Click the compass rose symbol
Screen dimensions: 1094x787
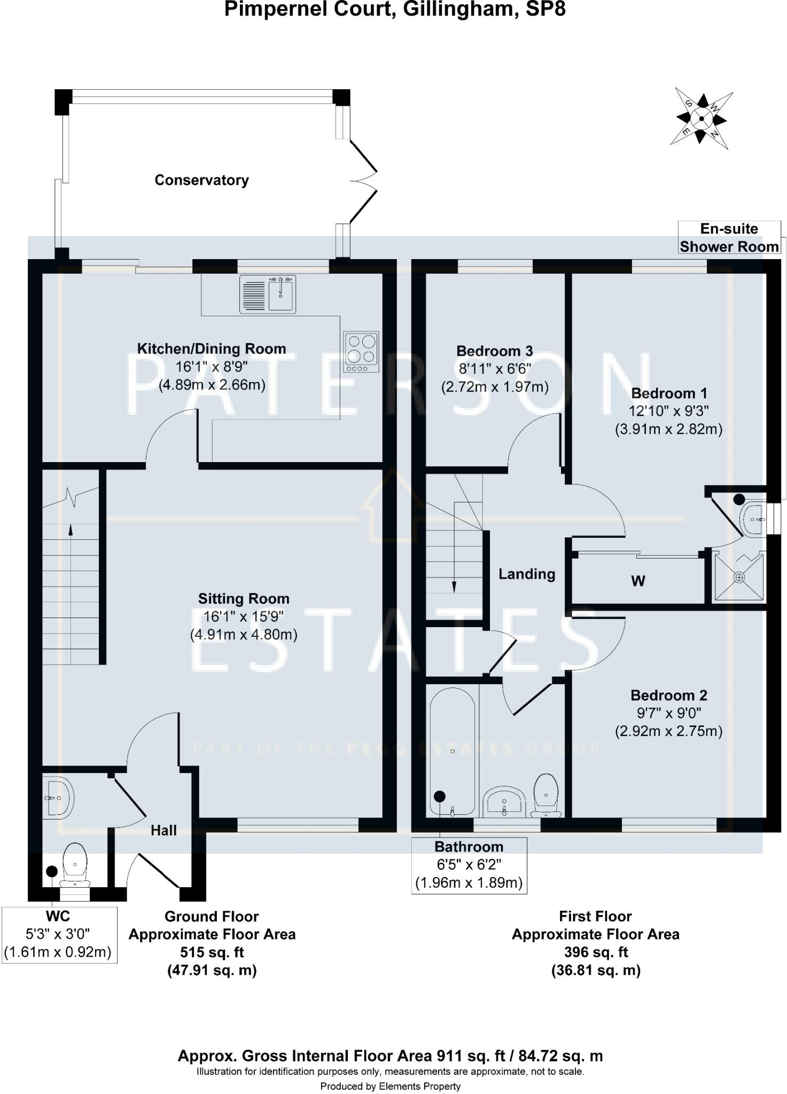click(701, 118)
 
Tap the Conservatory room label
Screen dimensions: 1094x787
click(201, 180)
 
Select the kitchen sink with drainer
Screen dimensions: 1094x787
click(267, 294)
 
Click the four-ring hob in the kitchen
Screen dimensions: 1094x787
click(362, 351)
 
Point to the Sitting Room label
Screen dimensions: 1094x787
click(244, 599)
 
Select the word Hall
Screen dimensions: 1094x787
click(163, 830)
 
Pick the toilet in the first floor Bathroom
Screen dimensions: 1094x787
click(546, 795)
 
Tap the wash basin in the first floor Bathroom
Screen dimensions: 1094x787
click(504, 802)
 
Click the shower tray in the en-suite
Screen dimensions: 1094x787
click(739, 577)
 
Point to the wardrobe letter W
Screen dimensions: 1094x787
click(638, 581)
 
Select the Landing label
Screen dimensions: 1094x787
click(527, 574)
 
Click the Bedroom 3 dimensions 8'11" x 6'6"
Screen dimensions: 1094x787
click(495, 369)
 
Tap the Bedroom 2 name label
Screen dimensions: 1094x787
click(668, 695)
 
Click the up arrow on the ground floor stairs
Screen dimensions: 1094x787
click(71, 529)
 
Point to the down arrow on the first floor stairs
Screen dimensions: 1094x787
click(454, 586)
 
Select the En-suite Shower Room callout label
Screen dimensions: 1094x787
click(729, 238)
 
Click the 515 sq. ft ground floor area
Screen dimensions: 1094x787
click(212, 952)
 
